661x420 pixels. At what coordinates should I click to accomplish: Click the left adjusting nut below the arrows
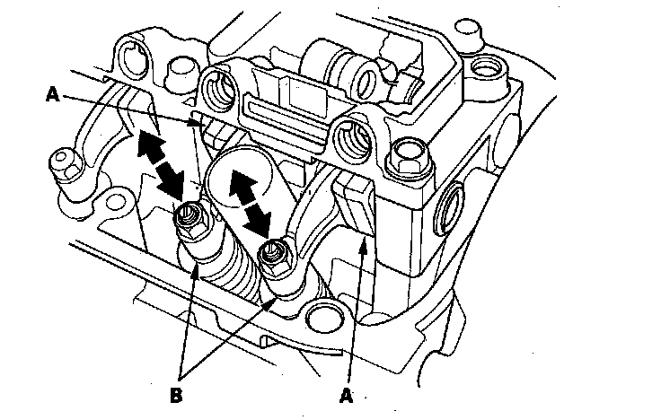(x=188, y=216)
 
